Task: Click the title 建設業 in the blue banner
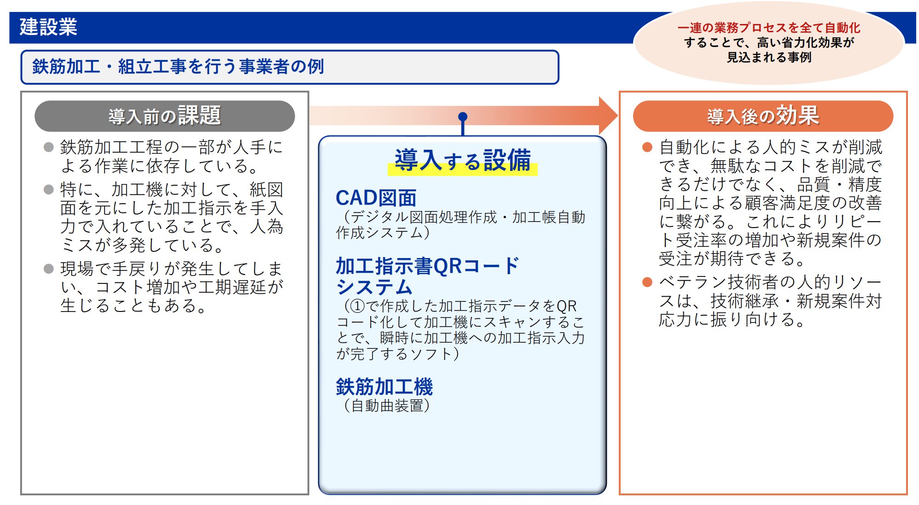tap(48, 27)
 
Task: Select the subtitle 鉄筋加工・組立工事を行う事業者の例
tap(178, 66)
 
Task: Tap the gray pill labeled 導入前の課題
tap(164, 116)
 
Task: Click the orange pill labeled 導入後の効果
tap(763, 116)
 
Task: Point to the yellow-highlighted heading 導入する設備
tap(463, 160)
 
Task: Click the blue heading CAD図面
tap(376, 198)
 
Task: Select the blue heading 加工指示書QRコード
tap(427, 266)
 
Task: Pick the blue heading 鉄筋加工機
tap(384, 387)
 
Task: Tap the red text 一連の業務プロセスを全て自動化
tap(768, 28)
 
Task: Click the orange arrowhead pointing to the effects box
tap(608, 116)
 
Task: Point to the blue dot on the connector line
tap(463, 117)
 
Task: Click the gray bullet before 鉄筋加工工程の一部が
tap(48, 147)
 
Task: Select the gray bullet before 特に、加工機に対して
tap(48, 189)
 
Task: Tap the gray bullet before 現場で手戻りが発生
tap(48, 269)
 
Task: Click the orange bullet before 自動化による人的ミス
tap(647, 147)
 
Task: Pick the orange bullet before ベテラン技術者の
tap(647, 282)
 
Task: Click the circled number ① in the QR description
tap(357, 306)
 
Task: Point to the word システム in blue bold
tap(374, 287)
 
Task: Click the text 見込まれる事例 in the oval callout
tap(769, 57)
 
